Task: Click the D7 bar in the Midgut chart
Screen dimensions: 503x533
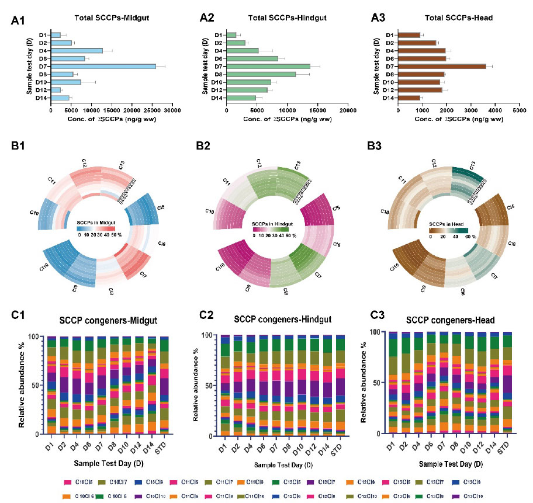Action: click(x=103, y=66)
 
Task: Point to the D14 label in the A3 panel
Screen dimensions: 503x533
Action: click(x=389, y=98)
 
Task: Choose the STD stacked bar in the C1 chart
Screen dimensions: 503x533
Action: click(x=164, y=385)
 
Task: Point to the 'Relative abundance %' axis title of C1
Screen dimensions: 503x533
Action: click(x=22, y=386)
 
